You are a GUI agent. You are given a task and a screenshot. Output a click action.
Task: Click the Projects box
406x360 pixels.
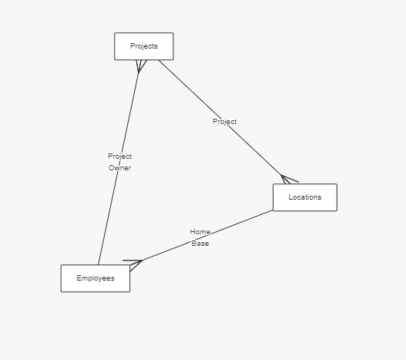coord(144,46)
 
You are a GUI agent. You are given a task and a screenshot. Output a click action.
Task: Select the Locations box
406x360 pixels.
coord(305,197)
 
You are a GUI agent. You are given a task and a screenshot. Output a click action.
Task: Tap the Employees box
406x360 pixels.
coord(96,278)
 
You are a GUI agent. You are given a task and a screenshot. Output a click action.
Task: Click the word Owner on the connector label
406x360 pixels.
coord(120,168)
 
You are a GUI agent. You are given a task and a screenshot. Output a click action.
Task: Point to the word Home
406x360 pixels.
coord(200,232)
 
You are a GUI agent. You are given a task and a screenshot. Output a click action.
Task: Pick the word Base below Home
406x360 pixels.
coord(200,244)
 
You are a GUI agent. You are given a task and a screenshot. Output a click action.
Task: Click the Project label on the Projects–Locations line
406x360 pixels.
coord(224,122)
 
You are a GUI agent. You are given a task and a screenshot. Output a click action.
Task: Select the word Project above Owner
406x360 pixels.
coord(120,156)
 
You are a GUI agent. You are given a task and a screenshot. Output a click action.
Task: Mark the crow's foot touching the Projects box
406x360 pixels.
coord(141,66)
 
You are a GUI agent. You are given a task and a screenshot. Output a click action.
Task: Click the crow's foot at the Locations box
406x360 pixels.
coord(288,180)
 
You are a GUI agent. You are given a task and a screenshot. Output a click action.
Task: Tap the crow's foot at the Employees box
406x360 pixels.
coord(133,265)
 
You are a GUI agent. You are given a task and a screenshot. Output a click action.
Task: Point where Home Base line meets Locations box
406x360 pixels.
coord(273,210)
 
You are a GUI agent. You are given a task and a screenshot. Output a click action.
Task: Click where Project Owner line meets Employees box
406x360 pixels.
coord(99,264)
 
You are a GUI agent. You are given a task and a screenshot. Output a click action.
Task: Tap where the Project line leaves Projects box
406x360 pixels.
coord(159,60)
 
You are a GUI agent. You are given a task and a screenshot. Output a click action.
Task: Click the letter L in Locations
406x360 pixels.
coord(290,197)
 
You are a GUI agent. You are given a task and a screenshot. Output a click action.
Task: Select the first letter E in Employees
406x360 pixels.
coord(79,278)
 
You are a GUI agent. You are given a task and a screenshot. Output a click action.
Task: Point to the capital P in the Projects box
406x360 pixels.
coord(133,46)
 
